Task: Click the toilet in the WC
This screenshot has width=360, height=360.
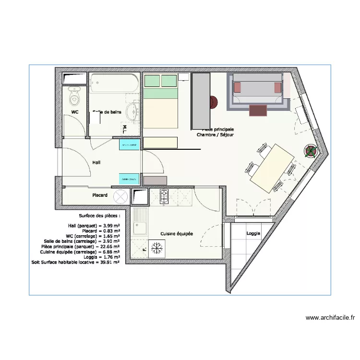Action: point(74,98)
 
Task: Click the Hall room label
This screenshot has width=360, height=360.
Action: point(96,163)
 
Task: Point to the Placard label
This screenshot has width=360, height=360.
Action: point(100,195)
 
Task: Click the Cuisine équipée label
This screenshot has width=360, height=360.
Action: point(177,234)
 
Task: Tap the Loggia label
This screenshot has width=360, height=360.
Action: point(253,233)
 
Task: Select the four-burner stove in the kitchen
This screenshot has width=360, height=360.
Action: point(164,196)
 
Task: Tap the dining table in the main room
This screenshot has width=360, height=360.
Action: point(272,168)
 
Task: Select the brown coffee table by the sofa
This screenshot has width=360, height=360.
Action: point(258,110)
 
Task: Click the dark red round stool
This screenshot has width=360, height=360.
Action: point(213,102)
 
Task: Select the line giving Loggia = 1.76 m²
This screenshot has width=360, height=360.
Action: point(94,257)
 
